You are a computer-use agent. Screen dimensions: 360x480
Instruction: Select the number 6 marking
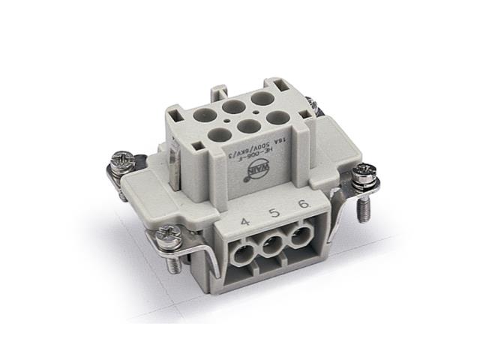pyautogui.click(x=302, y=206)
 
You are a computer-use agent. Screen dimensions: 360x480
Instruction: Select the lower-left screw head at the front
pyautogui.click(x=168, y=237)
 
